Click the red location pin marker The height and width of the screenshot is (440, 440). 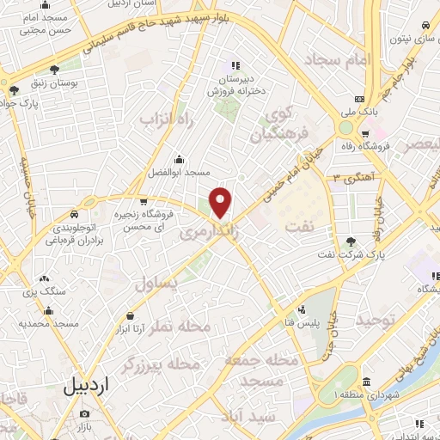(x=221, y=203)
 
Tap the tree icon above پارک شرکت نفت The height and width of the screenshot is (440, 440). (x=350, y=241)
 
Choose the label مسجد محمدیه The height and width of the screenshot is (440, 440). (x=49, y=324)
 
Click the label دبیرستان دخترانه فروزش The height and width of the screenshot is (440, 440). (x=234, y=82)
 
